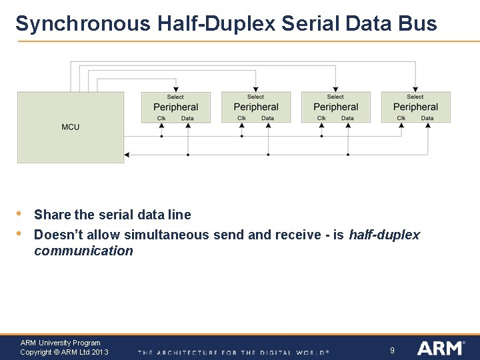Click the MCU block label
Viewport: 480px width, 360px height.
pos(70,127)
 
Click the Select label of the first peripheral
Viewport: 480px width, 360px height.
pos(175,97)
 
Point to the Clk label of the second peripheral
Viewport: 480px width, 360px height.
pos(241,119)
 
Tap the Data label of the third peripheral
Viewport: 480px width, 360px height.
pos(347,119)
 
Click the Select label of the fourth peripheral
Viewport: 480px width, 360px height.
pos(415,97)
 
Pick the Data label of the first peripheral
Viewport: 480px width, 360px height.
pos(187,119)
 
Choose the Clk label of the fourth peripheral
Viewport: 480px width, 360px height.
pos(401,119)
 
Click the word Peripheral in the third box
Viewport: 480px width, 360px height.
pos(335,107)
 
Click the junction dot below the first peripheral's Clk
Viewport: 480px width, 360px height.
pos(161,136)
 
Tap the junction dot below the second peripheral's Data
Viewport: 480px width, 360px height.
pos(268,155)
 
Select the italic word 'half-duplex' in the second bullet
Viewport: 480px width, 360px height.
pos(384,235)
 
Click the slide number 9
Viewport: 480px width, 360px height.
pos(392,349)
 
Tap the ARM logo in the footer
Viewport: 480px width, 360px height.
pos(441,348)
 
